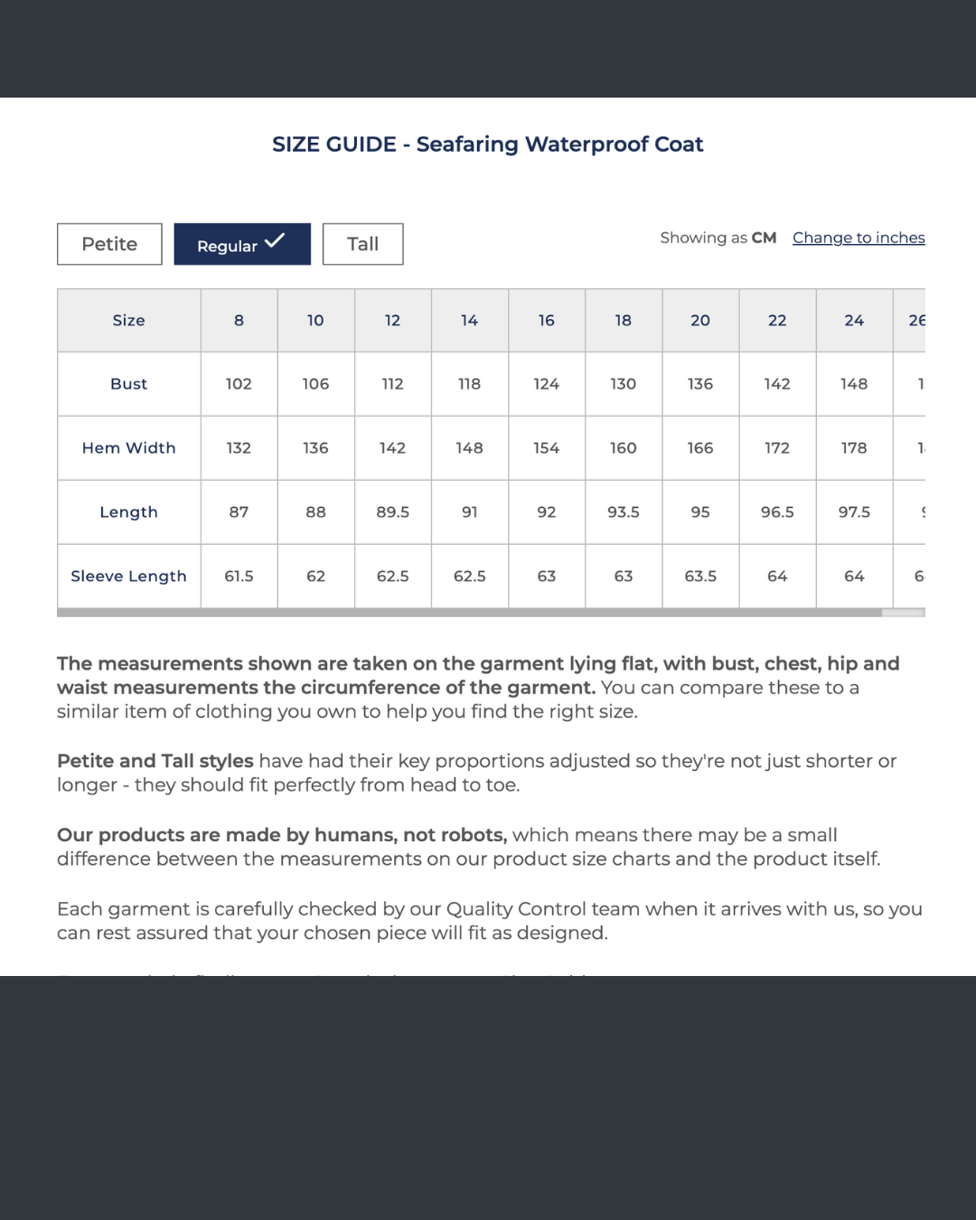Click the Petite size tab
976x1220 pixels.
point(109,244)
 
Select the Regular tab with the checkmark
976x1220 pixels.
point(241,244)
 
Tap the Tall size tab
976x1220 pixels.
point(362,244)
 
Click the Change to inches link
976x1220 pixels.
point(859,238)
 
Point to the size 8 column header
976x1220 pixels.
point(239,320)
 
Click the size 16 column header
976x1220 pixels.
point(547,320)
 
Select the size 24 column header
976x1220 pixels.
point(854,320)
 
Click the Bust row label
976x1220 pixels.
point(128,384)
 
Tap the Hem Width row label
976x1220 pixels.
point(128,448)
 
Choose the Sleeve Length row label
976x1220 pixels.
point(128,577)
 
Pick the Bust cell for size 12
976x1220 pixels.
point(392,384)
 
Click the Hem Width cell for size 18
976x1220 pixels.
point(624,448)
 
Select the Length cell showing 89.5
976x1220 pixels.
point(392,512)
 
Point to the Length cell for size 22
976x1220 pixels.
point(777,512)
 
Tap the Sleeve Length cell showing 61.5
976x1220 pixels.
point(239,577)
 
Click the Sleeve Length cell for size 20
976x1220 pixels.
point(700,577)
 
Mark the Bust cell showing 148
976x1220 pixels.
point(854,384)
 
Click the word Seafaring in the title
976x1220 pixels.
point(467,145)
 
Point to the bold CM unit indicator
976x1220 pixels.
point(764,238)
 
